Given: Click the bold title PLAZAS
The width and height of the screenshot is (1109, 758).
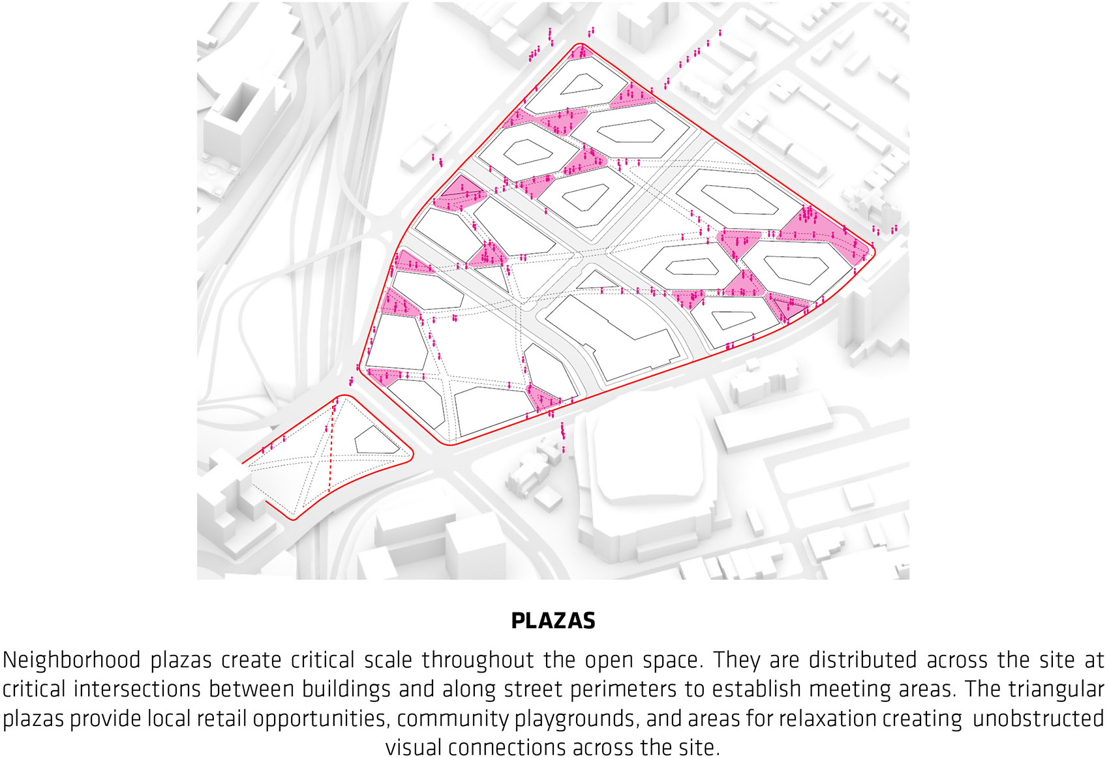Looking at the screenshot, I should tap(553, 620).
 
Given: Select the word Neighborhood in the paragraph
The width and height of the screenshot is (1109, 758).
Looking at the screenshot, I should tap(72, 660).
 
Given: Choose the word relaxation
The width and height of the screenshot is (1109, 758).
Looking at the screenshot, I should tap(828, 718).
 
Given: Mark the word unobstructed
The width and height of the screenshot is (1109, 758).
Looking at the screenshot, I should tap(1038, 718).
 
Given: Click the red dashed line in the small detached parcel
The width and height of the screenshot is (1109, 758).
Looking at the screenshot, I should tap(331, 450).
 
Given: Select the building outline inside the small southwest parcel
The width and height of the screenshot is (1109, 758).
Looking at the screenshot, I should tap(375, 441).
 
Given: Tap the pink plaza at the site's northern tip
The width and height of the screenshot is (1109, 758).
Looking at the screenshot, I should tap(579, 52).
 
